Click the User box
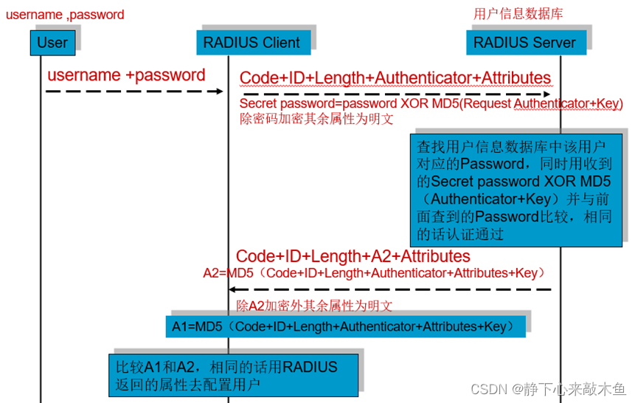52,43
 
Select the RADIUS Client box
253,42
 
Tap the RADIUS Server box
526,42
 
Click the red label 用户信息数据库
518,14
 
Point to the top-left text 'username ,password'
65,15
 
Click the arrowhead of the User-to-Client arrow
220,92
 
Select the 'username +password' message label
126,75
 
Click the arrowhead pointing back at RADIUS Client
232,289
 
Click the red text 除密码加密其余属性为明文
316,119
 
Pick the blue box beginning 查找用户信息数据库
516,190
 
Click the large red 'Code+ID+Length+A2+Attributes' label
353,256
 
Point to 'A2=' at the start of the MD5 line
215,273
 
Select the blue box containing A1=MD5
345,326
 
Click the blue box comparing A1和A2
234,375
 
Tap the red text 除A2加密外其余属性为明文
314,306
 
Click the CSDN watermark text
548,389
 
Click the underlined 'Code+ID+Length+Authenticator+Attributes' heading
395,77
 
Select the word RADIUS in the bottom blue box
310,367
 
